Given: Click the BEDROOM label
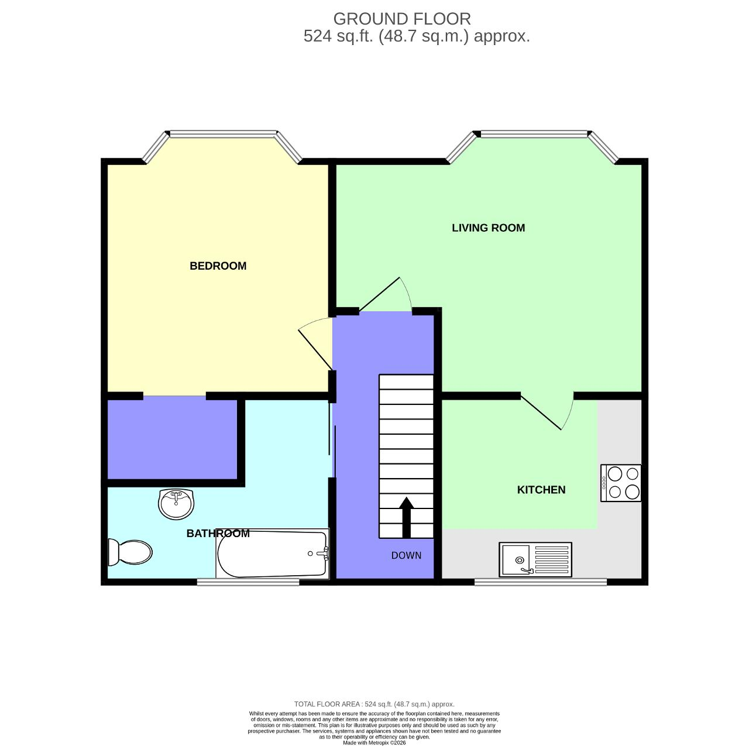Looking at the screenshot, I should click(x=218, y=266).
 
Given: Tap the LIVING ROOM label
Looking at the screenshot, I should click(x=488, y=228).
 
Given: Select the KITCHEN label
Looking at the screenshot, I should click(x=541, y=490).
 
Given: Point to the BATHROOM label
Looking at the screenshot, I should click(x=218, y=534).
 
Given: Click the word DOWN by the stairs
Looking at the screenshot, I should click(x=406, y=555).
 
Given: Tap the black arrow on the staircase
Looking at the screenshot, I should click(x=406, y=517).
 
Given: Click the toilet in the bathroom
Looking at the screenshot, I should click(x=130, y=552).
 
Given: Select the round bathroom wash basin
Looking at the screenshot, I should click(x=176, y=504).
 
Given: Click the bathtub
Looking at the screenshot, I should click(x=272, y=554).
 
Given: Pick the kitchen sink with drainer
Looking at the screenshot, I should click(x=535, y=559).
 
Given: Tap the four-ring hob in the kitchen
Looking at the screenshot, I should click(x=621, y=483).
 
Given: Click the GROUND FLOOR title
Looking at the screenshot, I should click(x=401, y=19).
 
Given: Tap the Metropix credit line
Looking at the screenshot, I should click(x=374, y=742).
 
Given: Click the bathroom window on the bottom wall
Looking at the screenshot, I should click(x=248, y=582).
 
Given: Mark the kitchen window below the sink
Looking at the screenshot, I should click(x=540, y=582).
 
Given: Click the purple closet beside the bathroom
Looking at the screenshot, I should click(x=172, y=439).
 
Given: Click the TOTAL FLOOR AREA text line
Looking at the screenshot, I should click(x=374, y=704).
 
